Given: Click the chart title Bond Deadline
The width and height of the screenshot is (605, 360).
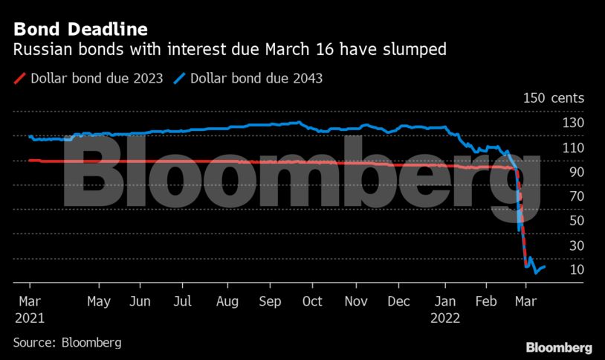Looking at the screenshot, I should click(80, 30).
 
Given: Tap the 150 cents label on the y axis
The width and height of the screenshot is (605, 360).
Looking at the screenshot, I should click(554, 98).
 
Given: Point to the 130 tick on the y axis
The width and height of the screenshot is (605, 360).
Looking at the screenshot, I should click(573, 123).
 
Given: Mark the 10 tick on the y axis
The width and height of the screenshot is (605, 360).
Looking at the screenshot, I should click(576, 269).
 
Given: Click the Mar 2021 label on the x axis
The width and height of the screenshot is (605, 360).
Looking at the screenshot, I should click(29, 309).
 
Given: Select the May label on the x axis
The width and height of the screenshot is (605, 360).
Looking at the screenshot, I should click(99, 302).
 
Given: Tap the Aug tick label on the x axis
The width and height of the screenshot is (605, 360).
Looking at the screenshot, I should click(227, 302).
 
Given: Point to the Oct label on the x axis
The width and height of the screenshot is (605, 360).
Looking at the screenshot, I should click(312, 302).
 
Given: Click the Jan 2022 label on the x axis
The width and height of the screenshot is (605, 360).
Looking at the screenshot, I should click(446, 309).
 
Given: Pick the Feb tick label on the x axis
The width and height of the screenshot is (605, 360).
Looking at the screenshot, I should click(486, 302).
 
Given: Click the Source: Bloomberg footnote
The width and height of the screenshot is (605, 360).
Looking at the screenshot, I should click(67, 342).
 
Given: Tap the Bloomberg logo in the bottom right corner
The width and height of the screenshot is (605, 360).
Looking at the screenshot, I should click(559, 347).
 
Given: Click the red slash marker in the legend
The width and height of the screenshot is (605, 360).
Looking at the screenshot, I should click(19, 78).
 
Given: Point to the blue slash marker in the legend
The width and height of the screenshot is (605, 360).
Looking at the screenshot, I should click(178, 78).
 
